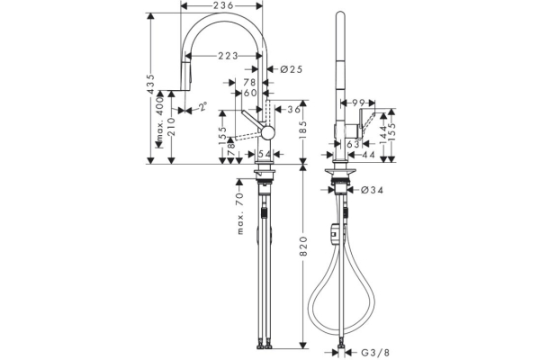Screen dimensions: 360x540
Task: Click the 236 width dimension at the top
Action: pos(224,6)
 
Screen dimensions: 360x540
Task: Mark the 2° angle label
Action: pos(202,106)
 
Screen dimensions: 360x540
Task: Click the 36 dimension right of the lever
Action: pos(292,110)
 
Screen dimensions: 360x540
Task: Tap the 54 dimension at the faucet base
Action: pos(265,155)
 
